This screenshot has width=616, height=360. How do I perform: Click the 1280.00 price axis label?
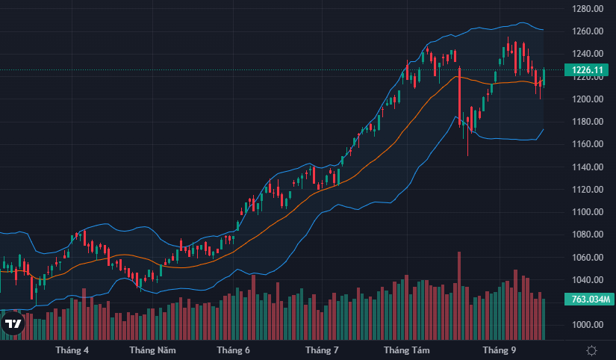pyautogui.click(x=588, y=9)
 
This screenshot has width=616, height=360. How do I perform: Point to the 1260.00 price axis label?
pyautogui.click(x=588, y=31)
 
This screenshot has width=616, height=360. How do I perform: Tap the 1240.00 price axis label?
pyautogui.click(x=588, y=54)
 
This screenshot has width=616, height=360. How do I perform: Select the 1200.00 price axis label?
pyautogui.click(x=588, y=99)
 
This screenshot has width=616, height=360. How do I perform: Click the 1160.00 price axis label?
pyautogui.click(x=588, y=144)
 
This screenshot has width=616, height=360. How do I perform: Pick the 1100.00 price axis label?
pyautogui.click(x=588, y=212)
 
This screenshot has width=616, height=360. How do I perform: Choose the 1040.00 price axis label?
pyautogui.click(x=588, y=280)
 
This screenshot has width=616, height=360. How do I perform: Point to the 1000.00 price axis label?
pyautogui.click(x=588, y=325)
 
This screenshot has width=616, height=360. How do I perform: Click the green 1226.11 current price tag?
pyautogui.click(x=588, y=70)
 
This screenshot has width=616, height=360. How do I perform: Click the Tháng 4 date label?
pyautogui.click(x=72, y=350)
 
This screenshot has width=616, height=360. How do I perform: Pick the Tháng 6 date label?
pyautogui.click(x=233, y=350)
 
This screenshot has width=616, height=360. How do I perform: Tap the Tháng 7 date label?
pyautogui.click(x=323, y=350)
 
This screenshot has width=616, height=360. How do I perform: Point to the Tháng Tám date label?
pyautogui.click(x=407, y=350)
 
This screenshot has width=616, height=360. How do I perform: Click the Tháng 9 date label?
pyautogui.click(x=499, y=350)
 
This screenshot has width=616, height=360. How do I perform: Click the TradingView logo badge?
pyautogui.click(x=13, y=323)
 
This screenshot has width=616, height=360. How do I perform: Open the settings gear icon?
pyautogui.click(x=591, y=350)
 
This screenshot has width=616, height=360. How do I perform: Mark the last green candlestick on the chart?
pyautogui.click(x=544, y=76)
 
